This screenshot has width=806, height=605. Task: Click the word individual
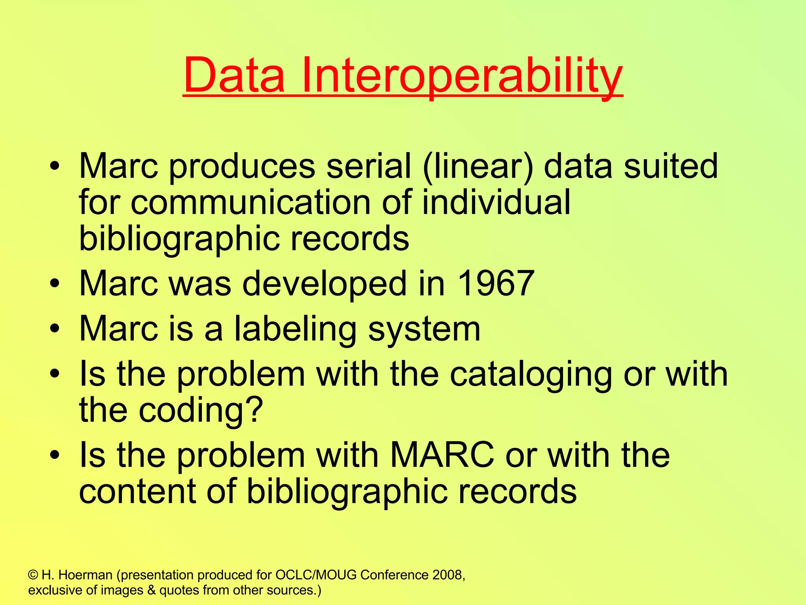tap(496, 202)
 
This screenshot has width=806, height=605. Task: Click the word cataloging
tap(531, 374)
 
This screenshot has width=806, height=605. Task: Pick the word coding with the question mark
tap(200, 410)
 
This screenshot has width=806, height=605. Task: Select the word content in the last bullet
tap(137, 491)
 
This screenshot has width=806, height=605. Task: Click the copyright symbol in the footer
tap(33, 575)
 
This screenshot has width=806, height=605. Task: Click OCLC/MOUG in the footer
tap(316, 575)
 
